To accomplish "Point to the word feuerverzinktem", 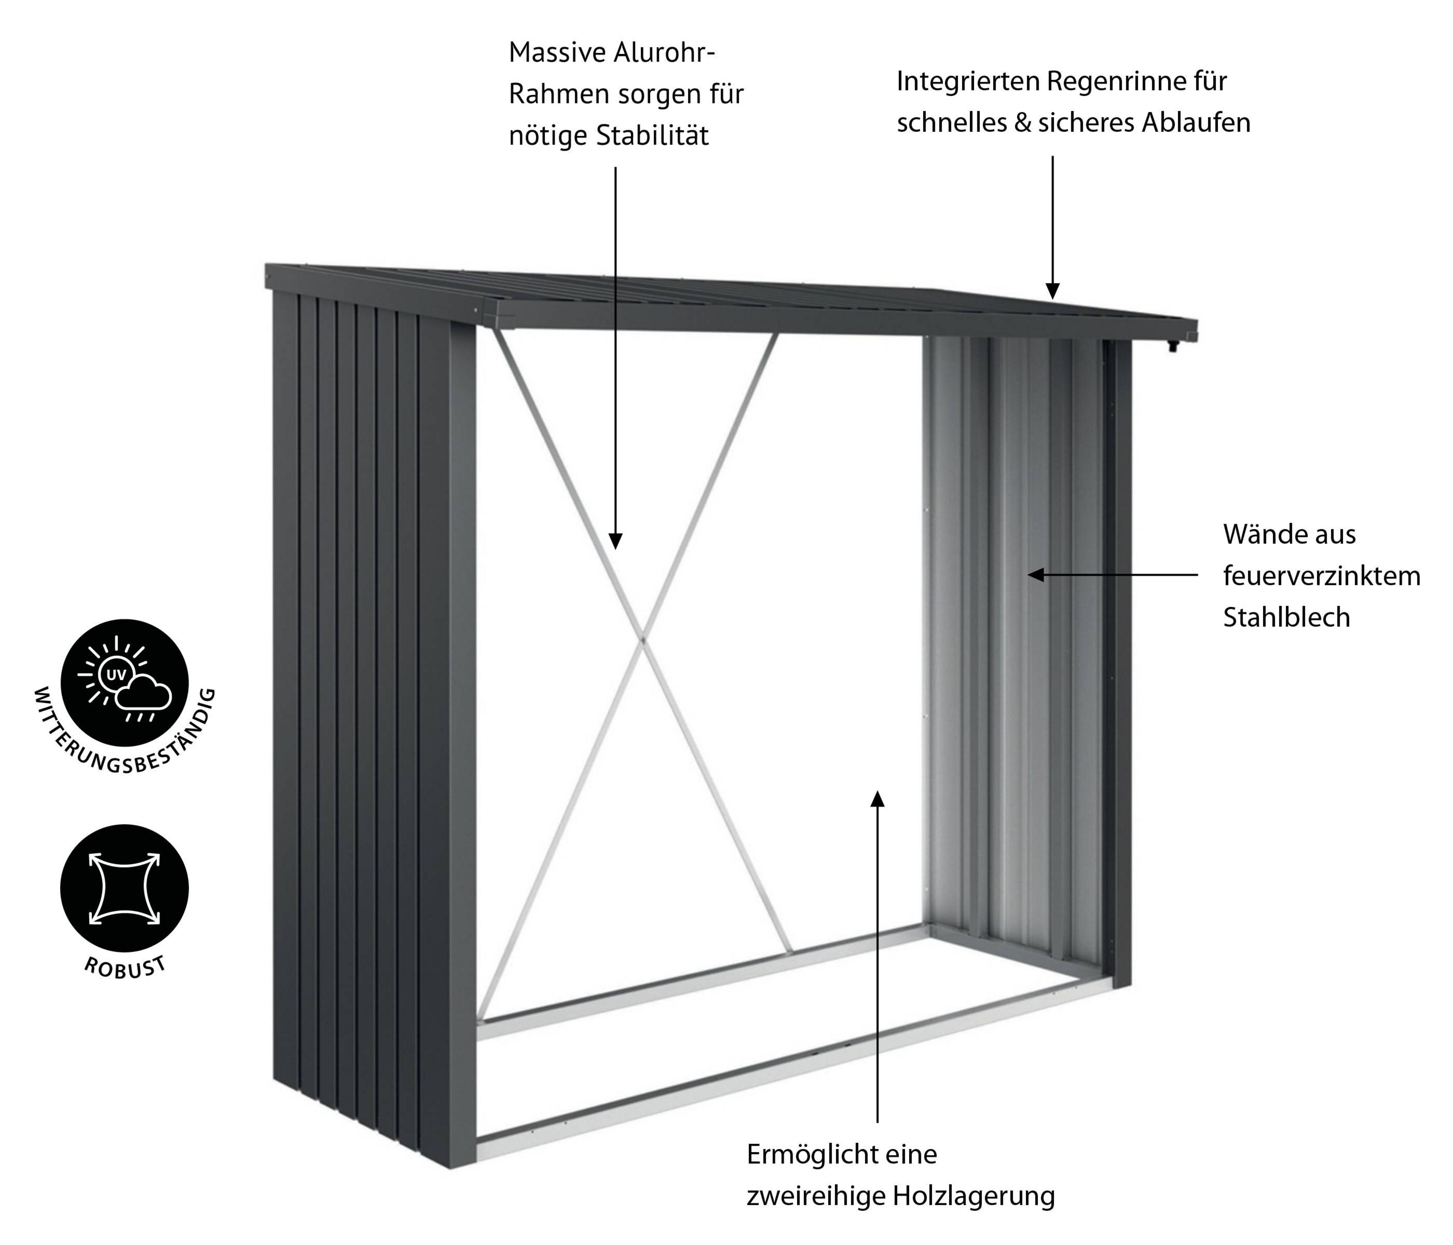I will (x=1322, y=576).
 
